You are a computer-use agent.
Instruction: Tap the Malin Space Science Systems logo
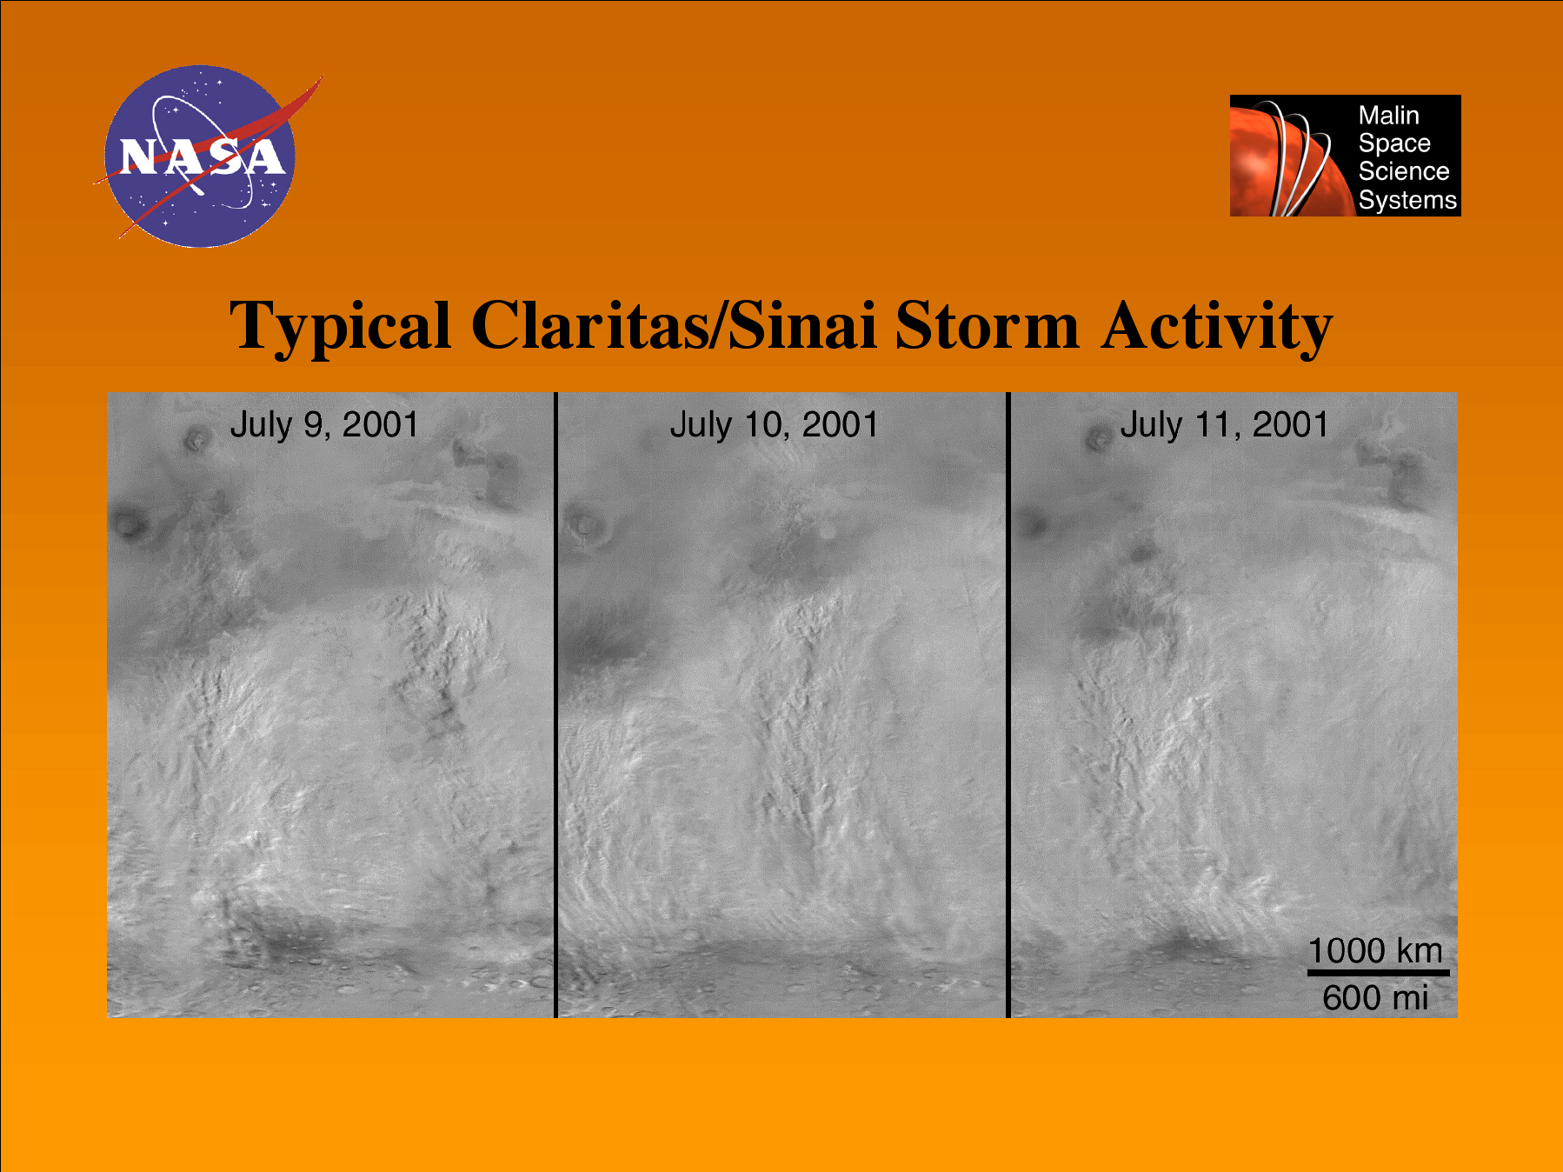tap(1345, 156)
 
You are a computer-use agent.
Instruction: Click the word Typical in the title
tap(340, 327)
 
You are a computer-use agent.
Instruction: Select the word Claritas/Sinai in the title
tap(674, 325)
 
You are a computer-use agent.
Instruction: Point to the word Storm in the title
tap(988, 326)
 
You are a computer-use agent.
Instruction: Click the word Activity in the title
tap(1217, 327)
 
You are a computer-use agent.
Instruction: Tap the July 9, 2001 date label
tap(324, 425)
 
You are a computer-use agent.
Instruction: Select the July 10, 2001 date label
tap(774, 425)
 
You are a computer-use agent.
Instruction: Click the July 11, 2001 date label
tap(1224, 425)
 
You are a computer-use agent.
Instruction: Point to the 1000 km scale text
tap(1375, 950)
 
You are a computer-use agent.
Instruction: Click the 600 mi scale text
tap(1375, 997)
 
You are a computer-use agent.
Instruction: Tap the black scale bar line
tap(1379, 973)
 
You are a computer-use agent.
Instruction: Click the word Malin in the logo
tap(1388, 116)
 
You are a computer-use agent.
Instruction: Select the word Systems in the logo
tap(1407, 200)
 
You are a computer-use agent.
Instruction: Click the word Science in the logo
tap(1404, 171)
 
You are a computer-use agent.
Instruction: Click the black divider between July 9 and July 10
tap(555, 705)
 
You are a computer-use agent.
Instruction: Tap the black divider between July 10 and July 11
tap(1008, 705)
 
